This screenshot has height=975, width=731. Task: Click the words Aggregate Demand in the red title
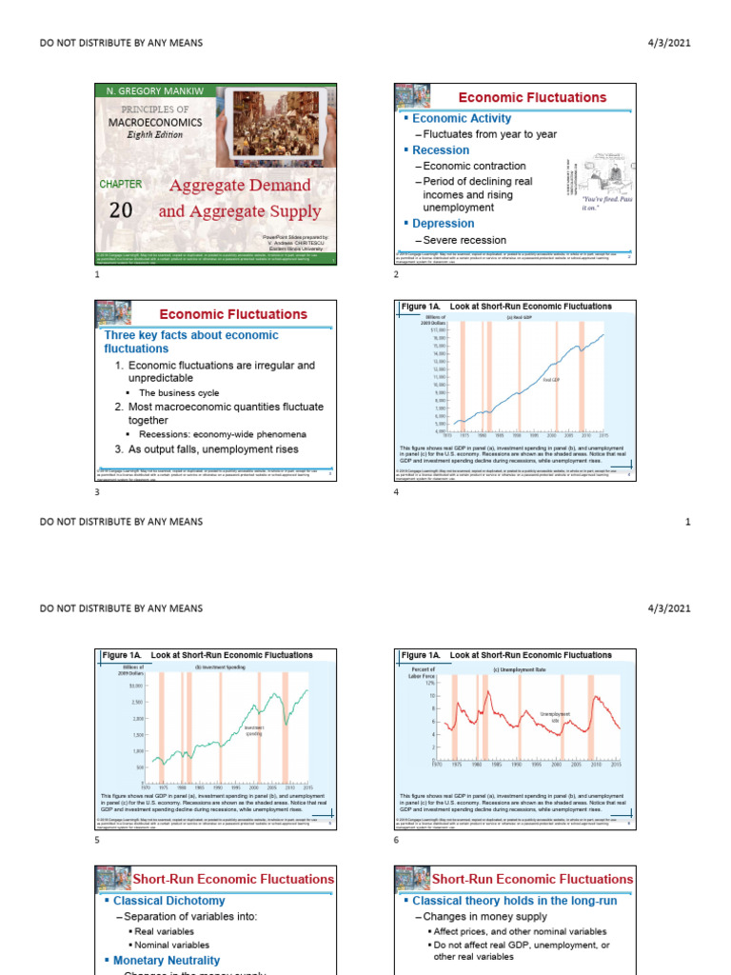(x=240, y=185)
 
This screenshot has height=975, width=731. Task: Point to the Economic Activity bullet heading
(x=461, y=118)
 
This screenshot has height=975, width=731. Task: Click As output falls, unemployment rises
(x=214, y=448)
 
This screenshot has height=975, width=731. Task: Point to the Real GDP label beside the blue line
(x=553, y=379)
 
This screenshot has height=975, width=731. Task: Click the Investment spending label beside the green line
(x=253, y=730)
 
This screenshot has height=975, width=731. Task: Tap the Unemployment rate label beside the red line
(x=555, y=716)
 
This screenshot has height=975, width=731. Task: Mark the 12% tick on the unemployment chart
(x=428, y=684)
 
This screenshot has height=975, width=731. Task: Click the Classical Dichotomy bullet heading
(x=168, y=900)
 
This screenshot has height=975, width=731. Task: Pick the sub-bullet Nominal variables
(x=171, y=945)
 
